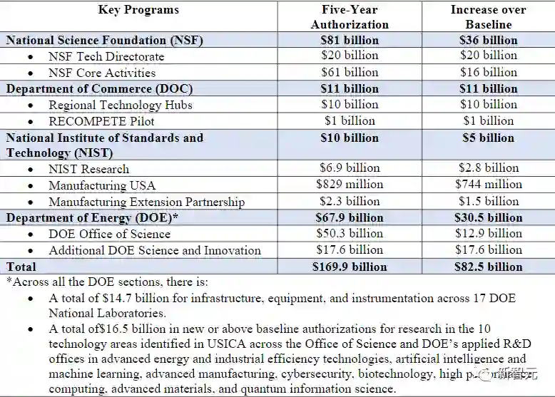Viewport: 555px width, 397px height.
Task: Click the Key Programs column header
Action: click(139, 10)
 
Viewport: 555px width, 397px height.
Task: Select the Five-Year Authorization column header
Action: click(350, 17)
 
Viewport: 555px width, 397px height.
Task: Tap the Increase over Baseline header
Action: click(488, 17)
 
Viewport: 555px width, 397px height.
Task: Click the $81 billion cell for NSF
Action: click(350, 41)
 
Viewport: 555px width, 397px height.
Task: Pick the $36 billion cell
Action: click(488, 41)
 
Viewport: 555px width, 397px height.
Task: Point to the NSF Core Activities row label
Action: click(102, 73)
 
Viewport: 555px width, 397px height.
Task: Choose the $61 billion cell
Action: click(350, 73)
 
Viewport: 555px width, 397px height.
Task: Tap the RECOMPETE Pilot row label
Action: click(101, 121)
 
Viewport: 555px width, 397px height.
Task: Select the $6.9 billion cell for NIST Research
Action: click(350, 168)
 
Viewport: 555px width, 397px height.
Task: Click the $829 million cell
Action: click(350, 185)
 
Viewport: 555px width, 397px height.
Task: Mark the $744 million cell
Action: click(488, 185)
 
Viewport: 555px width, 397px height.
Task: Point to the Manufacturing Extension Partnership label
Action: click(146, 202)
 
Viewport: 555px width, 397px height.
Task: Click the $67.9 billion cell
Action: click(350, 217)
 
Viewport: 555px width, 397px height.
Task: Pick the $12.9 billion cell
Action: click(488, 234)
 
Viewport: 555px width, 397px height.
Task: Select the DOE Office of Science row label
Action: click(109, 234)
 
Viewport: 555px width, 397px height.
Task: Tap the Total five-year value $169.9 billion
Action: click(350, 267)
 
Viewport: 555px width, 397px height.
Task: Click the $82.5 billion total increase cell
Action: click(488, 267)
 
